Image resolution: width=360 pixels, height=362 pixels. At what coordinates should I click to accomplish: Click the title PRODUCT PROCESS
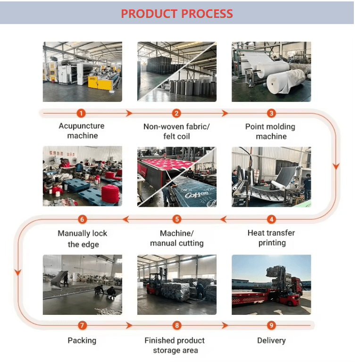tap(176, 14)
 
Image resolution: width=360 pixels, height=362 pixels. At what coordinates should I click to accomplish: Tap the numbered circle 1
tap(82, 113)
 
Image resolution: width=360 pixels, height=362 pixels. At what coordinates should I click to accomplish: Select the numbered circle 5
tap(177, 219)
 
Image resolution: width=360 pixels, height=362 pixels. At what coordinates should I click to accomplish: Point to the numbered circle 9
tap(271, 325)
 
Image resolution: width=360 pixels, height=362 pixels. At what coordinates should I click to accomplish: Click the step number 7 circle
tap(82, 325)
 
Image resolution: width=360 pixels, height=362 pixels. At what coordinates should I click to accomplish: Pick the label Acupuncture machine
tap(82, 131)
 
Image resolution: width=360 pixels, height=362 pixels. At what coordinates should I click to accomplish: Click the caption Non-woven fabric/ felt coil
tap(176, 131)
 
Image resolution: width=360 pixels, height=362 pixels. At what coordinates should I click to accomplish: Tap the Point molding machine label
tap(271, 131)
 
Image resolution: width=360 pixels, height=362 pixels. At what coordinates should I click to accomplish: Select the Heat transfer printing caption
tap(271, 238)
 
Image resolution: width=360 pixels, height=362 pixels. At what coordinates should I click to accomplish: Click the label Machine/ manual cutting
tap(177, 238)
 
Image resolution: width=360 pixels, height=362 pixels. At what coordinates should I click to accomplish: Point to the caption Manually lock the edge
tap(83, 239)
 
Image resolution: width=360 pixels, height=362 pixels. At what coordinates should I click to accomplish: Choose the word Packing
tap(82, 340)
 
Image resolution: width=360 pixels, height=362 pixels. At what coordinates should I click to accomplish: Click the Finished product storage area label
tap(175, 345)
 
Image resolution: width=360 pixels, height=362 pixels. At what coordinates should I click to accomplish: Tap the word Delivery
tap(271, 340)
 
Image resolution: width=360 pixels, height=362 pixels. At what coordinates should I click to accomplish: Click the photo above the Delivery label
tap(271, 285)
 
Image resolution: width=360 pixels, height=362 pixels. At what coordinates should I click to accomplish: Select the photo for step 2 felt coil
tap(177, 72)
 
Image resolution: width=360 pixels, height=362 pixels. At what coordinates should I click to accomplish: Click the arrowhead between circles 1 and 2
tap(129, 113)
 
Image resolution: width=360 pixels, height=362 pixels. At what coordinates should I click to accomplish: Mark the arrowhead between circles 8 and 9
tap(225, 325)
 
